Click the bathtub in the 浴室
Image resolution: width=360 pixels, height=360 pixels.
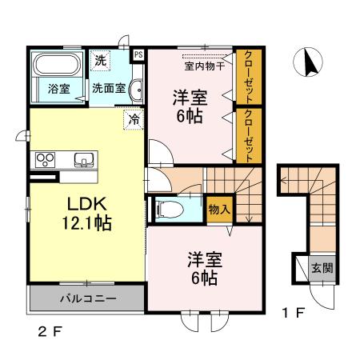(x=57, y=64)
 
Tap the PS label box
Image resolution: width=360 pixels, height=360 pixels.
(x=138, y=55)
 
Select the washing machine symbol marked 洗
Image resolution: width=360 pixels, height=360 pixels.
(x=101, y=61)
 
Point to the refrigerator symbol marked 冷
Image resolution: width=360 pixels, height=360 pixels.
(x=134, y=120)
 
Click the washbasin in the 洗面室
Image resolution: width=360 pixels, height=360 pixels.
(x=137, y=90)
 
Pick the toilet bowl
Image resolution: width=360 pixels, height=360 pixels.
(x=170, y=209)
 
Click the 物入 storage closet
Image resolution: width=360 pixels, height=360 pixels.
(x=219, y=210)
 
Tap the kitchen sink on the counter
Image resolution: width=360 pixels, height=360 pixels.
(x=84, y=159)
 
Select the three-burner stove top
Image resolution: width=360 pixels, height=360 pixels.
(x=45, y=159)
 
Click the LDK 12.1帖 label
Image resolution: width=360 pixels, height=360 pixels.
(x=87, y=214)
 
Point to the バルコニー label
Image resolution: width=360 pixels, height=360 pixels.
(x=88, y=298)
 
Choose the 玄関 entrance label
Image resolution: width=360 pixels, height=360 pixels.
(x=322, y=268)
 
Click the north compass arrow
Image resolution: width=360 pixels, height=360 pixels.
(x=310, y=62)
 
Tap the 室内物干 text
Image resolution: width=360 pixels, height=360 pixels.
(x=205, y=66)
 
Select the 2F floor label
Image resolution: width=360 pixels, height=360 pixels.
(x=50, y=332)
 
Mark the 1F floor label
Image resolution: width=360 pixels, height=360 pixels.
(x=293, y=313)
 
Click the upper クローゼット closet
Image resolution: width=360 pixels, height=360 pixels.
(x=249, y=77)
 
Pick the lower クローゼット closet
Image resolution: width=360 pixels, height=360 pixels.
(x=249, y=135)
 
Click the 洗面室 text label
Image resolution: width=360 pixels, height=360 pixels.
(x=109, y=88)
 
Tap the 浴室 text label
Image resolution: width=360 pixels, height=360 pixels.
(x=59, y=89)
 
